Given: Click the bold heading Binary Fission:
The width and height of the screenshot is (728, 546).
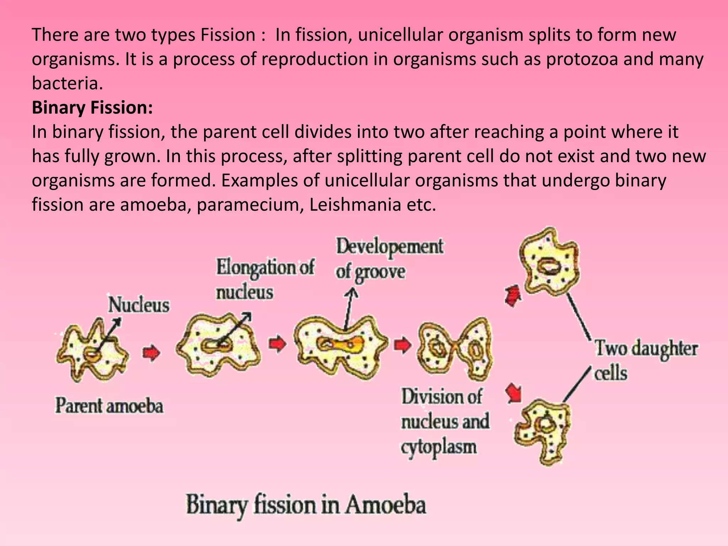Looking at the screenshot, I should click(x=92, y=108).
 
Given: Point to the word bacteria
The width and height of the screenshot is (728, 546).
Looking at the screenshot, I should click(x=65, y=83).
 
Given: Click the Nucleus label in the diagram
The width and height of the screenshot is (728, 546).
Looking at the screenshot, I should click(x=139, y=305).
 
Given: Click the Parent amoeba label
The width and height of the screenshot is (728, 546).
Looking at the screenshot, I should click(x=109, y=406).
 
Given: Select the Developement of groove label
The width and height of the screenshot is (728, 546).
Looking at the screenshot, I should click(x=389, y=259).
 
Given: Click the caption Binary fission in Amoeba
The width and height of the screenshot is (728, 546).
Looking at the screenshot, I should click(x=306, y=505).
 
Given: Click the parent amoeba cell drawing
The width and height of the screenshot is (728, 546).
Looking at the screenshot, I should click(x=92, y=352).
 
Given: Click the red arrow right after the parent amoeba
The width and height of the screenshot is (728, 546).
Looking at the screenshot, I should click(x=151, y=353).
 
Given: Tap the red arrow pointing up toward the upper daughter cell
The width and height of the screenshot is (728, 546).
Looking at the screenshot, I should click(x=513, y=296).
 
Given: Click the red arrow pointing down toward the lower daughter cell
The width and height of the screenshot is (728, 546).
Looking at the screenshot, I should click(x=514, y=393).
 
